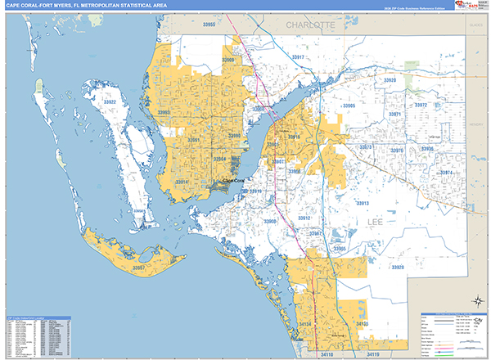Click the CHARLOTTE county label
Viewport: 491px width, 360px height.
tap(310, 26)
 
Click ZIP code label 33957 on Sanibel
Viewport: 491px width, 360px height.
tap(139, 268)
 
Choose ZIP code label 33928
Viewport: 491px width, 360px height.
tap(398, 268)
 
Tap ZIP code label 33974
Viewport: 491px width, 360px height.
tap(446, 173)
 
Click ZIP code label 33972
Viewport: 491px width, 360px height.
tap(421, 106)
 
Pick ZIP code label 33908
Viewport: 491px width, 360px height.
tap(271, 222)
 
